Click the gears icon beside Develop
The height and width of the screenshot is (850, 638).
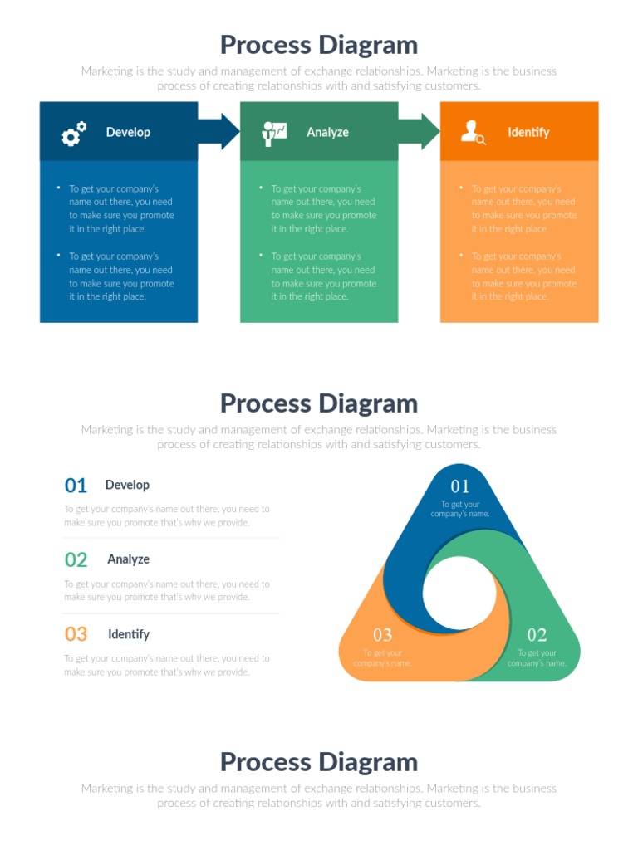pyautogui.click(x=74, y=133)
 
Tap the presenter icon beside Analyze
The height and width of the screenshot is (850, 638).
pyautogui.click(x=273, y=133)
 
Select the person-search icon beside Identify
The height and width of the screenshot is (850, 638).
pyautogui.click(x=473, y=132)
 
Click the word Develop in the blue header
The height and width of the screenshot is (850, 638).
pyautogui.click(x=128, y=132)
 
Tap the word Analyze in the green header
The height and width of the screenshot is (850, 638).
pyautogui.click(x=327, y=132)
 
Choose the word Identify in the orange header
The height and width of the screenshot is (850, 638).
pyautogui.click(x=528, y=132)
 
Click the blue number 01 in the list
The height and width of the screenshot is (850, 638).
pyautogui.click(x=76, y=486)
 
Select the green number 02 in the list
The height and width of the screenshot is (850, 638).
pyautogui.click(x=76, y=560)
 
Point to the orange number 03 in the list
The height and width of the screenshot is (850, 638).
pyautogui.click(x=76, y=635)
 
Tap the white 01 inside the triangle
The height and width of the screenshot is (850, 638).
pyautogui.click(x=460, y=486)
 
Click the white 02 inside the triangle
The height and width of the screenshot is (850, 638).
pyautogui.click(x=537, y=636)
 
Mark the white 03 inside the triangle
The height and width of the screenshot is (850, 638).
pyautogui.click(x=382, y=636)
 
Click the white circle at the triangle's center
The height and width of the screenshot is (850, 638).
pyautogui.click(x=459, y=593)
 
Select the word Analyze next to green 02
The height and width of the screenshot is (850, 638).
pyautogui.click(x=128, y=559)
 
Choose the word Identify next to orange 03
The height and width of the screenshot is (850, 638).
pyautogui.click(x=129, y=634)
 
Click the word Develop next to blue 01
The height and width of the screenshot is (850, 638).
pyautogui.click(x=127, y=485)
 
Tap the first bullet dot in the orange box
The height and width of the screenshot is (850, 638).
pyautogui.click(x=461, y=188)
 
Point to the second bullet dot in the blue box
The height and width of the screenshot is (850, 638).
pyautogui.click(x=58, y=255)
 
